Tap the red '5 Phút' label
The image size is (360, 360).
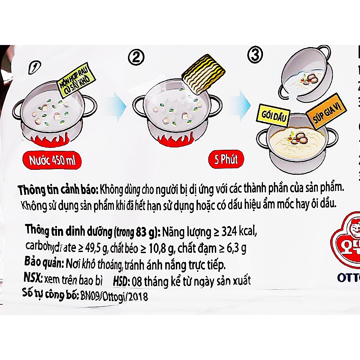[226, 160]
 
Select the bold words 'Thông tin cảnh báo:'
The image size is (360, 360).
[58, 190]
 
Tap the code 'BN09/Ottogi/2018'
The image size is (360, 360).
[113, 297]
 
